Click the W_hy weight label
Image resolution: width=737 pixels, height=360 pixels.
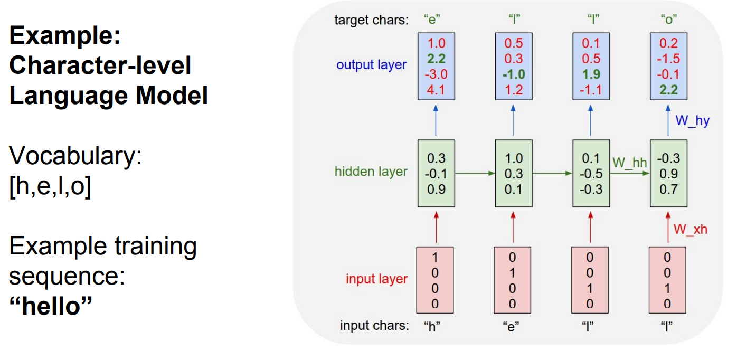tap(692, 121)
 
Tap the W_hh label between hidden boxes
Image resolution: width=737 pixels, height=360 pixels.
tap(630, 163)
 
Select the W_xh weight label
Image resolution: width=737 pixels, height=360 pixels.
tap(691, 229)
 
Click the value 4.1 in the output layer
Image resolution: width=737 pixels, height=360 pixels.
tap(436, 90)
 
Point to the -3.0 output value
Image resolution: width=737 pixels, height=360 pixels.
tap(436, 74)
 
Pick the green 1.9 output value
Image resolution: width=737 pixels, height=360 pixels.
tap(591, 74)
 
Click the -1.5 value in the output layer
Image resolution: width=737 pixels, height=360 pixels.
tap(668, 59)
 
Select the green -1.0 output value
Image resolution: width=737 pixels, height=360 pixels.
tap(513, 74)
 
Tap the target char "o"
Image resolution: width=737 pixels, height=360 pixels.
tap(668, 20)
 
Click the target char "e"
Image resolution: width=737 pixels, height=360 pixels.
tap(432, 20)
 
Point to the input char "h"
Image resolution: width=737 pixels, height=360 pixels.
tap(432, 326)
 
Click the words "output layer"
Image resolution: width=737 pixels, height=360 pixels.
tap(372, 65)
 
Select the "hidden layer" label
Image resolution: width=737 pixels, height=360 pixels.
tap(371, 172)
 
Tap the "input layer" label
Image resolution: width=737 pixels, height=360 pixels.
tap(376, 279)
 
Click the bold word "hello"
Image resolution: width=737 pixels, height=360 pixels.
tap(51, 306)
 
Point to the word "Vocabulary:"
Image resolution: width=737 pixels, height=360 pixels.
tap(75, 155)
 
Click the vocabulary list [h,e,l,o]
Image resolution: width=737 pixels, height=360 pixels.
tap(50, 186)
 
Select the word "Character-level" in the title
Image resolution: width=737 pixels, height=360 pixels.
tap(100, 65)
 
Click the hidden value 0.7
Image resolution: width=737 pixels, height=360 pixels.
tap(668, 189)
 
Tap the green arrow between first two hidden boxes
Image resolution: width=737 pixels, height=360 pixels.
tap(475, 173)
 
